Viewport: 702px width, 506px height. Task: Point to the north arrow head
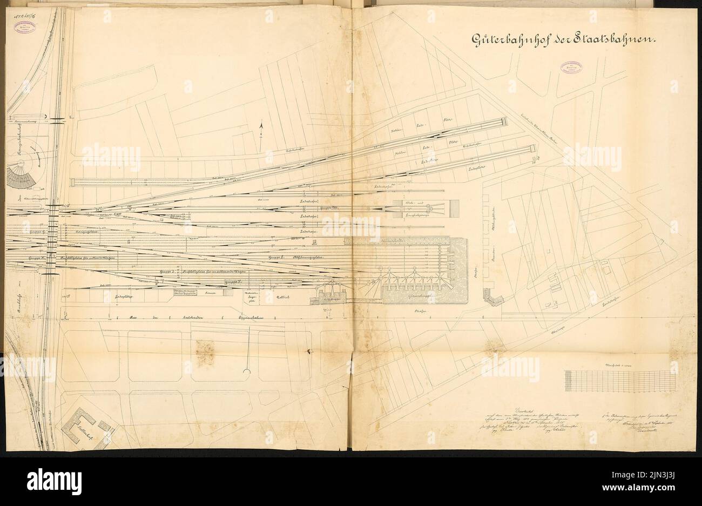point(261,126)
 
